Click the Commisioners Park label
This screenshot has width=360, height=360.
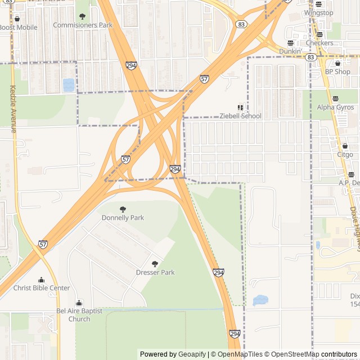coord(83,25)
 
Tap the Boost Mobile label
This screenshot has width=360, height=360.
coord(19,28)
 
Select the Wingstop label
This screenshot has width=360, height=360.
coord(318,13)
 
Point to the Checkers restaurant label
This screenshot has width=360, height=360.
coord(319,43)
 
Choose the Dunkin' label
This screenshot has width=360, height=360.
coord(290,51)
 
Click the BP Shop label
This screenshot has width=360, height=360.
coord(337,71)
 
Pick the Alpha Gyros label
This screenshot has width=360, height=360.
coord(335,107)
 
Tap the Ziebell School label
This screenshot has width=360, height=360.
coord(241,116)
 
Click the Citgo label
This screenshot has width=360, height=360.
coord(345,154)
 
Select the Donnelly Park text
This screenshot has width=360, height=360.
coord(123,218)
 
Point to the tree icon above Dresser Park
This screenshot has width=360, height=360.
coord(155,263)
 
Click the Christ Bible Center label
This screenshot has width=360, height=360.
coord(42,288)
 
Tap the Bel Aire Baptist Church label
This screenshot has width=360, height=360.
coord(79,315)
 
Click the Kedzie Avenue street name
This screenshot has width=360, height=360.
coord(13,109)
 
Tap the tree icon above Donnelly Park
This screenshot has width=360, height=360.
coord(123,209)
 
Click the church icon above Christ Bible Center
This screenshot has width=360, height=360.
coord(41,280)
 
